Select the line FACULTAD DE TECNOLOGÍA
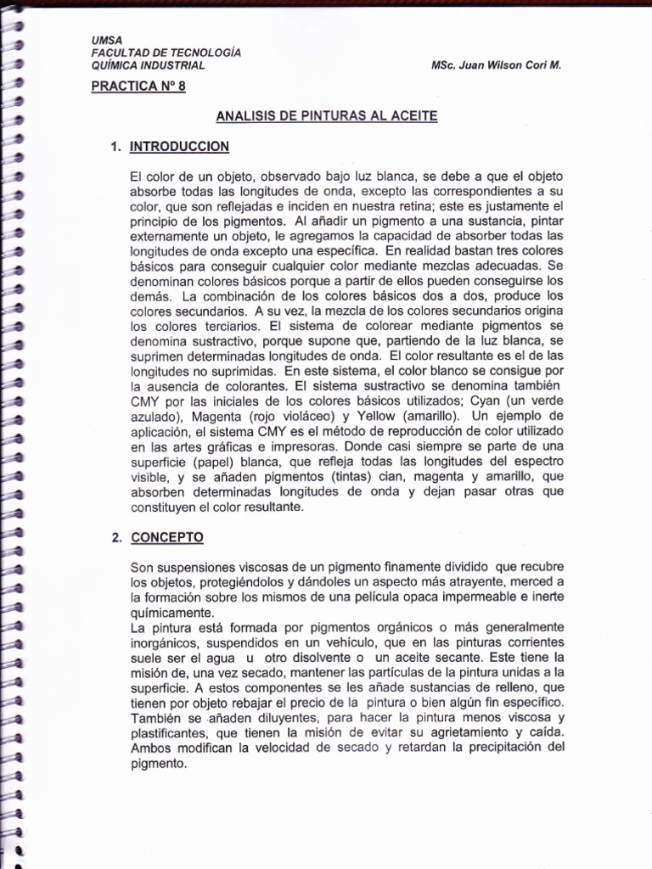[166, 53]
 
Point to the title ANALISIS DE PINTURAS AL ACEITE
[327, 115]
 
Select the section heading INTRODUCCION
[179, 147]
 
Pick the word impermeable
[479, 596]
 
